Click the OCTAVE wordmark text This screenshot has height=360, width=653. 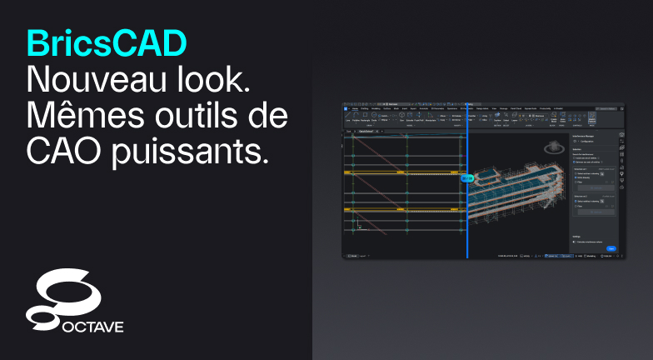[92, 326]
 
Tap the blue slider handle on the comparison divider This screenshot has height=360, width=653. [467, 177]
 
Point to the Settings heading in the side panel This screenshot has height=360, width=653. [576, 236]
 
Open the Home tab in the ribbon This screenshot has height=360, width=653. [355, 108]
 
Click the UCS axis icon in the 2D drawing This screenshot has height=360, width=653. [358, 224]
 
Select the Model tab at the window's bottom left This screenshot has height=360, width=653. [352, 256]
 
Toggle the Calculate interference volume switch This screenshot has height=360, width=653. [575, 242]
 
